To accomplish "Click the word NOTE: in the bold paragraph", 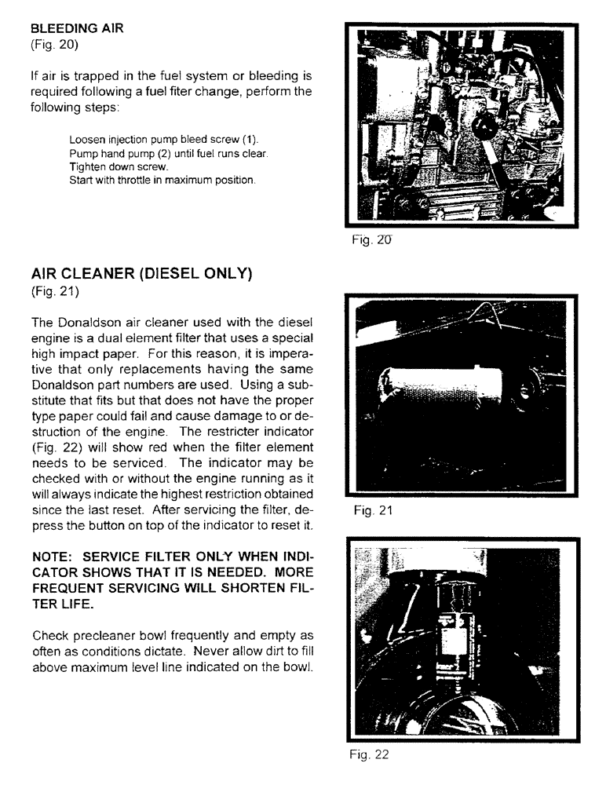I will pos(56,557).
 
